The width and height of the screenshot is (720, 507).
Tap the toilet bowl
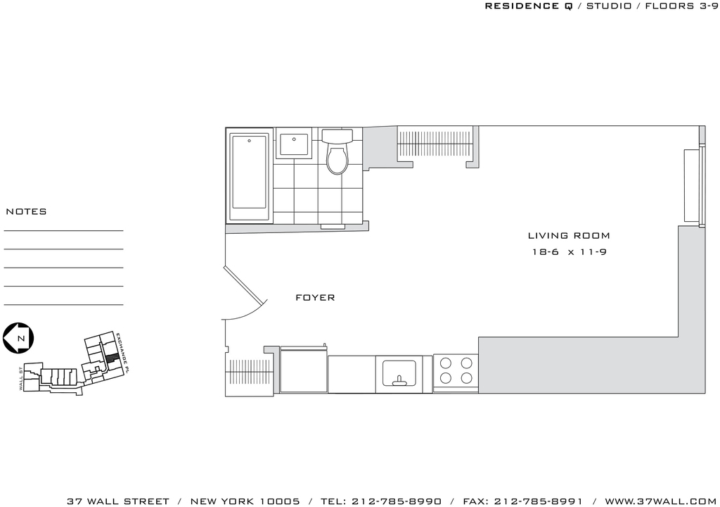(x=338, y=159)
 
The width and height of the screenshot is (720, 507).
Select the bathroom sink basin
(x=294, y=144)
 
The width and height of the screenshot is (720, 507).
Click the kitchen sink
(x=399, y=373)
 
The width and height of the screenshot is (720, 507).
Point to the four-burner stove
(x=456, y=371)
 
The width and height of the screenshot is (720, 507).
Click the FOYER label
(x=315, y=298)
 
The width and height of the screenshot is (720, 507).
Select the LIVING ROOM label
(x=569, y=236)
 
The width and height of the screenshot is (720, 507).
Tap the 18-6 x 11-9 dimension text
(x=570, y=252)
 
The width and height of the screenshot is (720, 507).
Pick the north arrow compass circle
(x=18, y=338)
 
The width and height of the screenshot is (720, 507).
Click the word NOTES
(x=26, y=212)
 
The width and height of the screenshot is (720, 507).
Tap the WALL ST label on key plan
(x=21, y=379)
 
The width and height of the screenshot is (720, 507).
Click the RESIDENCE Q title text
(x=529, y=6)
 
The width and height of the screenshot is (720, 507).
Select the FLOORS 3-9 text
(x=681, y=6)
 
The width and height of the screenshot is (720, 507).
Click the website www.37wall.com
(x=660, y=501)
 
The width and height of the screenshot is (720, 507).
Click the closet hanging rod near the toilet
(x=435, y=144)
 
